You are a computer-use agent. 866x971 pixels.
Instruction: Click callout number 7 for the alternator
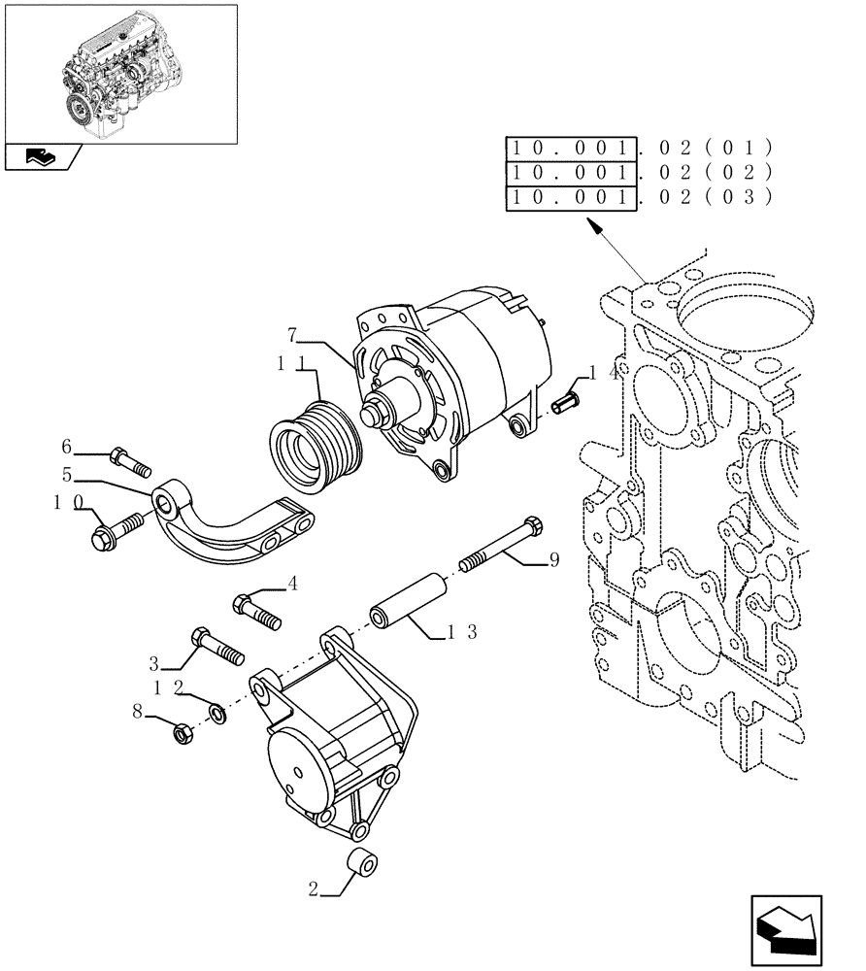tap(291, 336)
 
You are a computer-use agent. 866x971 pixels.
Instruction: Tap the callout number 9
tap(553, 559)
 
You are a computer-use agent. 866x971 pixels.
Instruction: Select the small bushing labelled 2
tap(365, 862)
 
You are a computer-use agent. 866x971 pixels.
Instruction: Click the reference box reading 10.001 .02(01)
tap(572, 149)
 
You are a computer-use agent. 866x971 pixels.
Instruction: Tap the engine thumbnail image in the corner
tap(120, 74)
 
